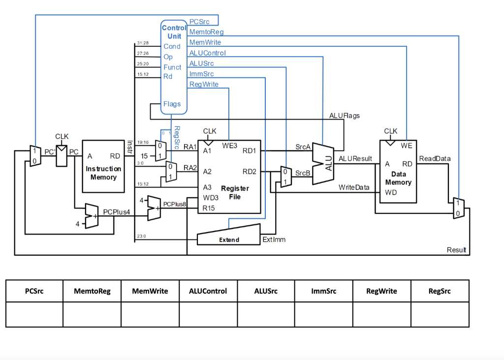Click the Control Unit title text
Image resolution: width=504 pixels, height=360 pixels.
point(174,32)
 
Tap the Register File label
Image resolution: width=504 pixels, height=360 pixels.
point(235,192)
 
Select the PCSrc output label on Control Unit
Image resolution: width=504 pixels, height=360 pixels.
point(199,22)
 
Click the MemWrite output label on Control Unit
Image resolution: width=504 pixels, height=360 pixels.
point(205,43)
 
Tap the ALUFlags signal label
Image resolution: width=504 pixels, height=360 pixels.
point(344,116)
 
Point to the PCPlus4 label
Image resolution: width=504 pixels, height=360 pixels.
point(116,211)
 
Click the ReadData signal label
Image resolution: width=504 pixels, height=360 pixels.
point(435,158)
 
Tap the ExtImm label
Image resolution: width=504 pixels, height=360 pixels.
point(274,240)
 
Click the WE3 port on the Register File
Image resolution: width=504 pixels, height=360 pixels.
point(229,146)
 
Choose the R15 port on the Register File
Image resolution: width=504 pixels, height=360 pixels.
point(209,208)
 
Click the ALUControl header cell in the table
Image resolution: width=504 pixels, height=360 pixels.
point(208,291)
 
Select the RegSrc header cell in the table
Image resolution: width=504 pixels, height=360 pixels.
point(440,291)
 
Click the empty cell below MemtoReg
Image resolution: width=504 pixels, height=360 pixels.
point(92,315)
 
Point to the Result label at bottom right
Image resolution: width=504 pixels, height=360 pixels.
point(456,250)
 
